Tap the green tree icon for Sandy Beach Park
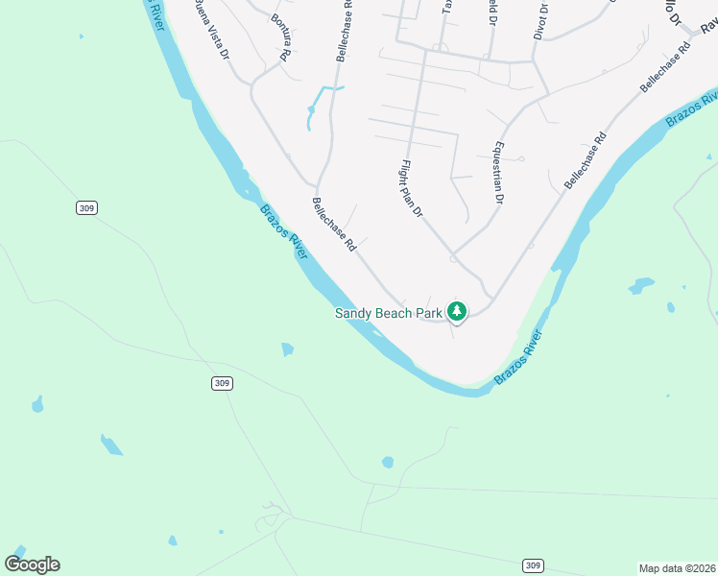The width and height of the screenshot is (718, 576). click(458, 311)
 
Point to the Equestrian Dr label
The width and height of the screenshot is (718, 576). click(497, 174)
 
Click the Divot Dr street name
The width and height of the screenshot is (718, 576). click(541, 20)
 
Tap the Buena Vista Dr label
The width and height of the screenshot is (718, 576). click(212, 30)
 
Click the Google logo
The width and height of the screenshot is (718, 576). click(32, 564)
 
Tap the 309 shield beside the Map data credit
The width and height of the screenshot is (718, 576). click(533, 565)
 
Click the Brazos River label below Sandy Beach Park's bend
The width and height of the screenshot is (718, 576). click(519, 358)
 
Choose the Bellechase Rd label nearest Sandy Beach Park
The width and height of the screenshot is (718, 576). click(334, 225)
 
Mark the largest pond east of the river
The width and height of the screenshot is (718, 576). click(640, 285)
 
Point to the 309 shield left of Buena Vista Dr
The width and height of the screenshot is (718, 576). click(87, 207)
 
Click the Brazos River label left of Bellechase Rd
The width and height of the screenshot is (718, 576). click(284, 231)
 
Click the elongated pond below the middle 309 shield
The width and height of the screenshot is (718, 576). click(111, 444)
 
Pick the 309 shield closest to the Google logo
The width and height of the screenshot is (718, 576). click(222, 383)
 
